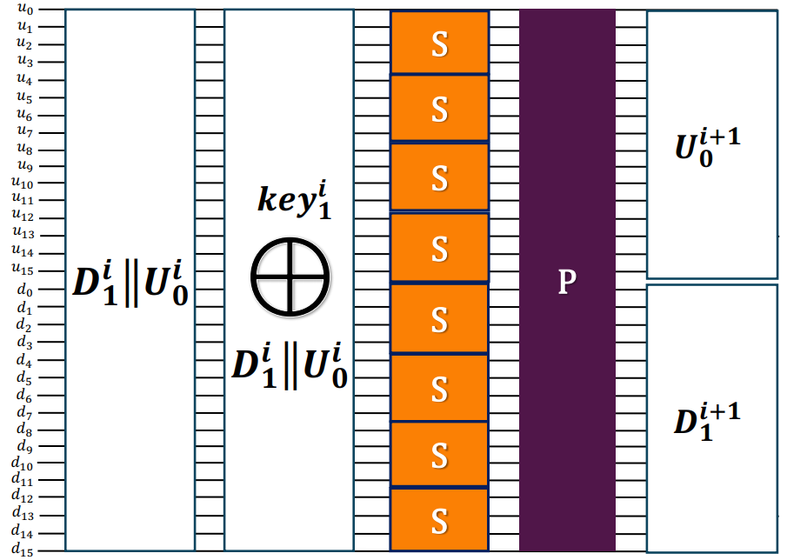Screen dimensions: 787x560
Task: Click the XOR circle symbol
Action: (290, 277)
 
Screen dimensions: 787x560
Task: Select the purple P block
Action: (567, 280)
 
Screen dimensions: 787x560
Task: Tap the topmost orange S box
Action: (439, 42)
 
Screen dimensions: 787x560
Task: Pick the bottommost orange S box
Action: (439, 520)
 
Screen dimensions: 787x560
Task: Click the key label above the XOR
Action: (295, 199)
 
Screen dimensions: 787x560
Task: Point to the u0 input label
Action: (24, 8)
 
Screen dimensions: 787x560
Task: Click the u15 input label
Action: (23, 269)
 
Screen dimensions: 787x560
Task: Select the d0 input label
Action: (24, 289)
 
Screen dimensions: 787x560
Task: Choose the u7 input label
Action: (24, 130)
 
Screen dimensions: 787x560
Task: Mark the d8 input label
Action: (24, 429)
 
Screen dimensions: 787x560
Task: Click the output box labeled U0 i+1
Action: (712, 144)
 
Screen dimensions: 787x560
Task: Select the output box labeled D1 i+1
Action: (712, 418)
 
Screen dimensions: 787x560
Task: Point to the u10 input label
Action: (23, 182)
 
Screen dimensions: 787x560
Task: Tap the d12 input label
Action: (23, 496)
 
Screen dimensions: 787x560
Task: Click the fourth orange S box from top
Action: (439, 247)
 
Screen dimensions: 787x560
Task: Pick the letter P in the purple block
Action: (567, 281)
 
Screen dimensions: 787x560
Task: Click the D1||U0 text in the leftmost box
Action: (130, 283)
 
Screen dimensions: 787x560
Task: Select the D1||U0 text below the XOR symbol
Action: (290, 366)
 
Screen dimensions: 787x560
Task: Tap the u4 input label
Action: (24, 78)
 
